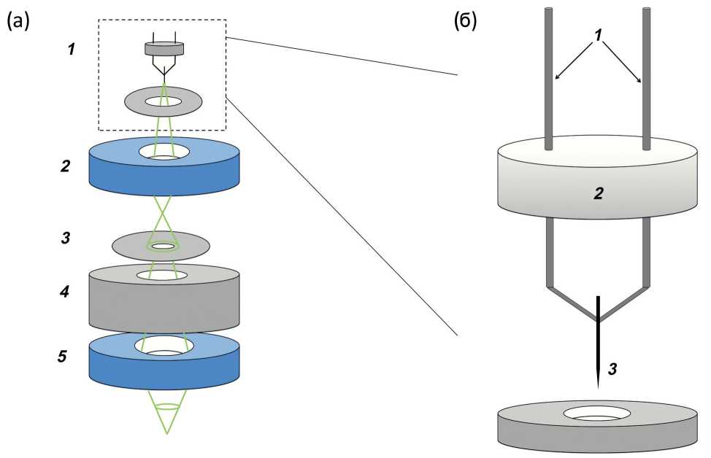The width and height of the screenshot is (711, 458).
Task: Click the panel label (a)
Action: pyautogui.click(x=18, y=22)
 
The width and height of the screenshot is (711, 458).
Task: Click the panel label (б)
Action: pyautogui.click(x=465, y=22)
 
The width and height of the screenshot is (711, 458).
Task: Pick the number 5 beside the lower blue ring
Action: pyautogui.click(x=64, y=357)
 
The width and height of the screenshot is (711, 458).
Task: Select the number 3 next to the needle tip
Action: pyautogui.click(x=612, y=370)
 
